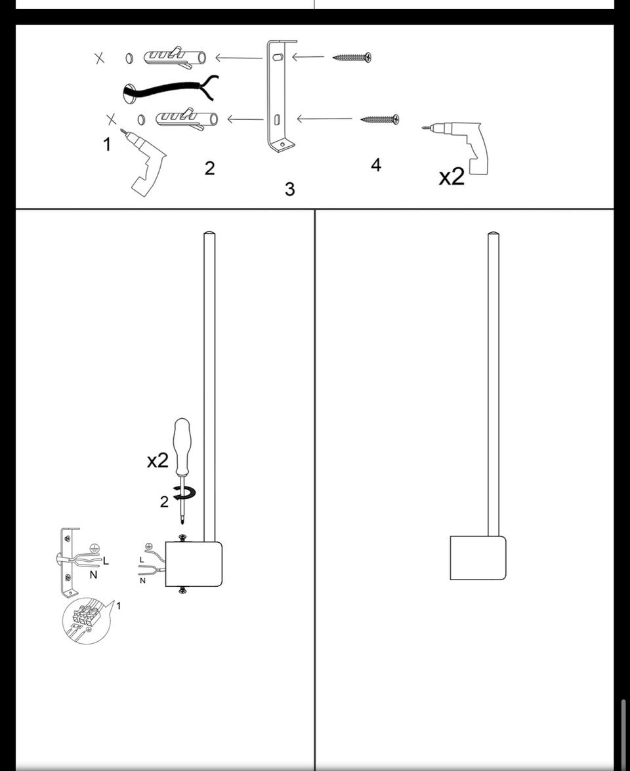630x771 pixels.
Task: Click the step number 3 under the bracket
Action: tap(290, 189)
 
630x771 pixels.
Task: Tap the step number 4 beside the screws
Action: tap(376, 165)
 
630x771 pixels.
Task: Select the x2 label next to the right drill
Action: tap(451, 176)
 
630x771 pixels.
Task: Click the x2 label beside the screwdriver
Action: tap(157, 460)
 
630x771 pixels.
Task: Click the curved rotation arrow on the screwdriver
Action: tap(186, 492)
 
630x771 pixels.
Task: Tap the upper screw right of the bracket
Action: tap(352, 57)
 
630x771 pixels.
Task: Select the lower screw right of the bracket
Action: tap(379, 119)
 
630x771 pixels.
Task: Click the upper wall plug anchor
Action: tap(175, 58)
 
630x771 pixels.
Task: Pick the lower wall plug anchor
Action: tap(186, 119)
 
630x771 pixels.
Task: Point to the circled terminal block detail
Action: tap(86, 620)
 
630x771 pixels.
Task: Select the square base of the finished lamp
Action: tap(478, 557)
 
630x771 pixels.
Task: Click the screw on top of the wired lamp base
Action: tap(183, 538)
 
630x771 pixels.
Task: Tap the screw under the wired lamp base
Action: tap(183, 589)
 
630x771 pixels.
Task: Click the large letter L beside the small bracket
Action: tap(106, 561)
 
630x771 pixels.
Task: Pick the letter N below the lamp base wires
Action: tap(143, 581)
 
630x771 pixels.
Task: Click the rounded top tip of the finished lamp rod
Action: tap(493, 235)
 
